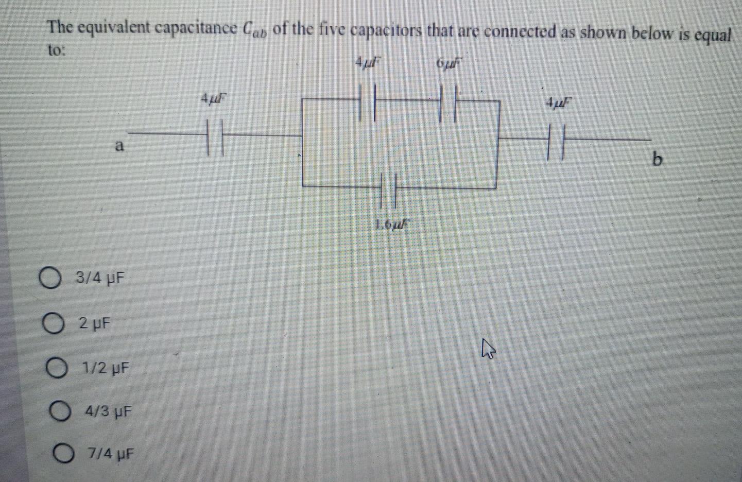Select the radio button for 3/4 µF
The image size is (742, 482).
click(x=49, y=279)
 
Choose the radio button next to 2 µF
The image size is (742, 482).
click(x=53, y=324)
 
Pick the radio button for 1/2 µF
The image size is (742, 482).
click(x=56, y=368)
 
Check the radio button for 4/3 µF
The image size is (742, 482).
click(x=60, y=411)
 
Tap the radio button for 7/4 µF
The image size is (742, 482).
click(x=63, y=454)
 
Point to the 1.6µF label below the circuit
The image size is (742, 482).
click(x=393, y=224)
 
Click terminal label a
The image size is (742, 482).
click(x=119, y=147)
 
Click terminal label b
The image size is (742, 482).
click(x=657, y=160)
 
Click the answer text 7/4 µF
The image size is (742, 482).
click(x=111, y=455)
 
